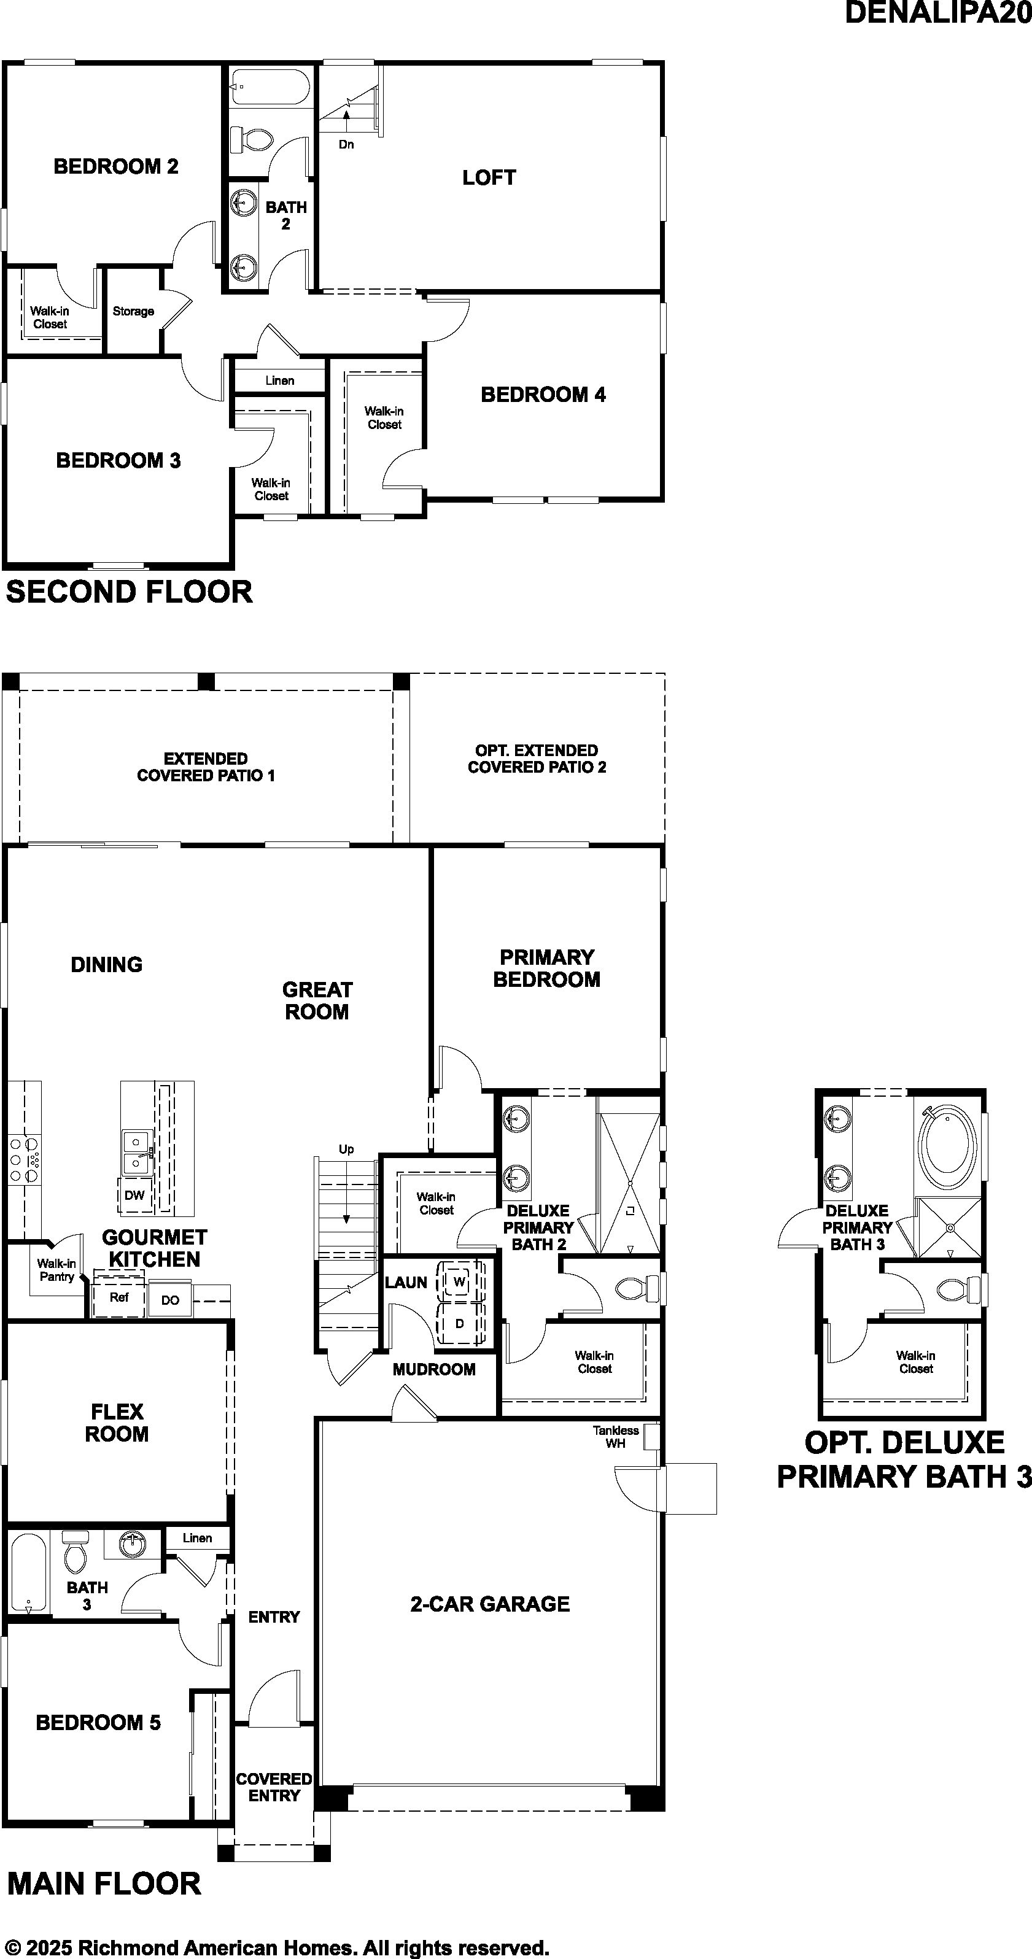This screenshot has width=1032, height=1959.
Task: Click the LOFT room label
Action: pyautogui.click(x=489, y=177)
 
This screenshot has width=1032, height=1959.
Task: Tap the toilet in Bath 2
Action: pyautogui.click(x=242, y=139)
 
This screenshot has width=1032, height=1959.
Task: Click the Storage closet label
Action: pyautogui.click(x=133, y=311)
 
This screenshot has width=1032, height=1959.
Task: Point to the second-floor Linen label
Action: pyautogui.click(x=280, y=381)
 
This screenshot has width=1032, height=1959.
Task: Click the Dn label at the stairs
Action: pyautogui.click(x=346, y=144)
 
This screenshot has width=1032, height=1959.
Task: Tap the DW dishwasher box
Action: pyautogui.click(x=134, y=1195)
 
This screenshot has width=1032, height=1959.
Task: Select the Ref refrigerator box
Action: pyautogui.click(x=118, y=1297)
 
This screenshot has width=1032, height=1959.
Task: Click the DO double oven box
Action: pyautogui.click(x=169, y=1300)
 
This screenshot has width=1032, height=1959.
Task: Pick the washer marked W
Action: pyautogui.click(x=459, y=1281)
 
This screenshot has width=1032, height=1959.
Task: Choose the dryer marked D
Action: pyautogui.click(x=459, y=1324)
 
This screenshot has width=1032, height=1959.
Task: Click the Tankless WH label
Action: pyautogui.click(x=616, y=1437)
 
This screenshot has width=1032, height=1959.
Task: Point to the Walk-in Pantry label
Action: pyautogui.click(x=57, y=1270)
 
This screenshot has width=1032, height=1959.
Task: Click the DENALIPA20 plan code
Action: pyautogui.click(x=939, y=13)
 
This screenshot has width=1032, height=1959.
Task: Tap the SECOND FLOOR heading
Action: pyautogui.click(x=130, y=592)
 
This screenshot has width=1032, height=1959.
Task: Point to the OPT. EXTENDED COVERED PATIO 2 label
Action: pyautogui.click(x=537, y=759)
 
